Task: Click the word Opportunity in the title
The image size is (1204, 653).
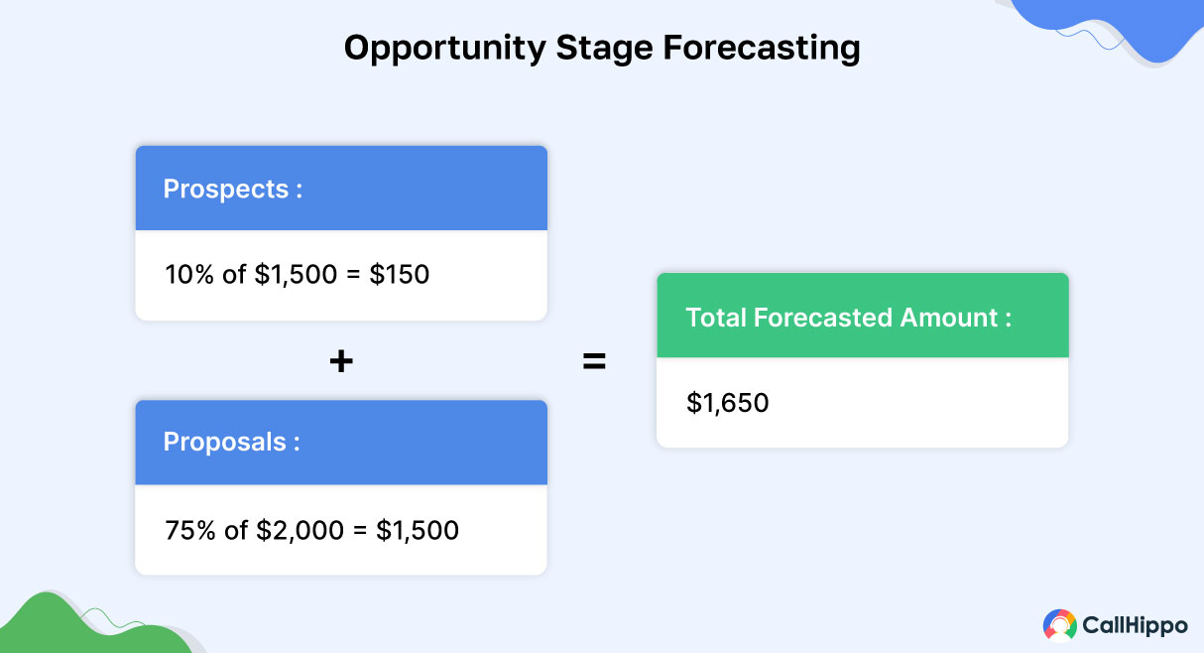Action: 444,49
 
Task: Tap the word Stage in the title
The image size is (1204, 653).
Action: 604,49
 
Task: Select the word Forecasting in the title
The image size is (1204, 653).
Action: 761,49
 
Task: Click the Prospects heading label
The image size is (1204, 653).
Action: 226,190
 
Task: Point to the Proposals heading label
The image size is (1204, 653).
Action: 224,443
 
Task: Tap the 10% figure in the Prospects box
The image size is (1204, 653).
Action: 190,274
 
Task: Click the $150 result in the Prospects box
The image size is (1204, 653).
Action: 399,274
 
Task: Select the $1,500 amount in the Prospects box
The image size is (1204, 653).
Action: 296,274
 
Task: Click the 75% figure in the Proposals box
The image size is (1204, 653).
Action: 190,530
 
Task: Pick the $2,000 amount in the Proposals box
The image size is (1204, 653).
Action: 300,530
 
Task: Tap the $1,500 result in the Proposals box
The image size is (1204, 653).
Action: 418,530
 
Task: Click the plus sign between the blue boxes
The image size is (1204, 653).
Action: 341,361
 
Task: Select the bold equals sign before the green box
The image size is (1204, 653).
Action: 594,361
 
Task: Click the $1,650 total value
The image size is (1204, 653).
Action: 728,403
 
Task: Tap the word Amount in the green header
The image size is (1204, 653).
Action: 949,318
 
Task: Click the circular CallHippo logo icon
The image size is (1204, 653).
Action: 1059,625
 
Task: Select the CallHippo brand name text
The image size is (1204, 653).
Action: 1135,625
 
